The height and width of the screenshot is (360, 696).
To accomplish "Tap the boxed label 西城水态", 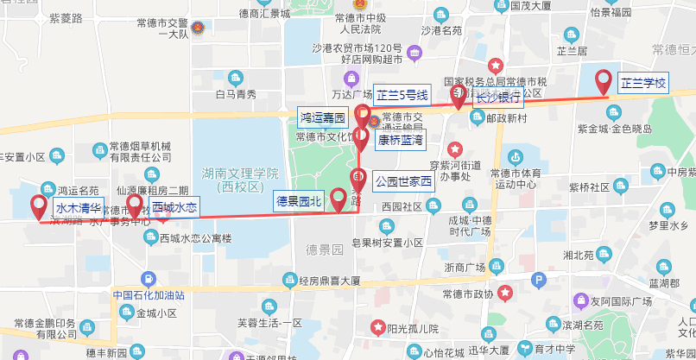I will pos(174,208).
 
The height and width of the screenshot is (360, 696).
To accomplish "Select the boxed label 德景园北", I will pos(298,201).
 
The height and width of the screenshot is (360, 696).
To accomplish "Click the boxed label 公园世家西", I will pos(402,182).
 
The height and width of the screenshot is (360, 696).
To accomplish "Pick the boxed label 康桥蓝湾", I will pos(401,139).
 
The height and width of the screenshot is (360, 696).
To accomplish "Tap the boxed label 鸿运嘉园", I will pos(323,116).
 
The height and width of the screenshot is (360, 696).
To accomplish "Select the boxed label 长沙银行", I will pos(498,98).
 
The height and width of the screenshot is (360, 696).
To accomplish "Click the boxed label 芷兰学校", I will pos(644,84).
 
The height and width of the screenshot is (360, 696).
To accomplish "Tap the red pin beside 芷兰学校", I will pos(604,81).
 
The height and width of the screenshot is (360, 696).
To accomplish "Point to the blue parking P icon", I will pos(539,280).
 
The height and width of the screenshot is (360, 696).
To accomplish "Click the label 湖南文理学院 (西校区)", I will pos(238,179).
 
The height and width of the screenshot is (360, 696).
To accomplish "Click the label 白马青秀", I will pos(236,94).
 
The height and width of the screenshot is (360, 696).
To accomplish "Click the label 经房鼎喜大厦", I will pos(329,281).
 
